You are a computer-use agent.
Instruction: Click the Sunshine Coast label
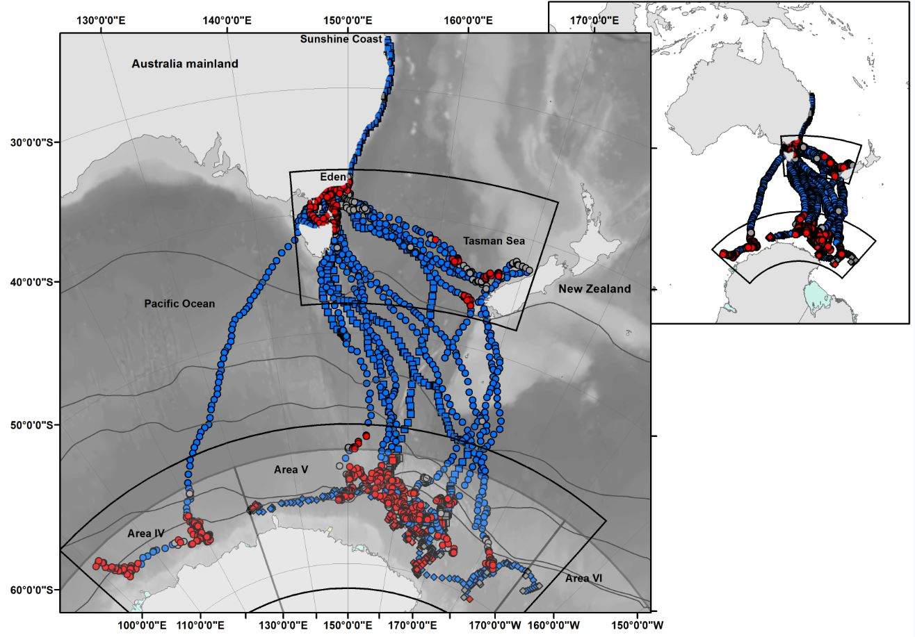[341, 40]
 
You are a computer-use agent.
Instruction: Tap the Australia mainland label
[185, 64]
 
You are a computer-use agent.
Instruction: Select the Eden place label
[332, 178]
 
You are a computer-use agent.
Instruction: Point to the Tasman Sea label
[494, 241]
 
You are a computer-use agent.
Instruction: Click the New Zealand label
[594, 289]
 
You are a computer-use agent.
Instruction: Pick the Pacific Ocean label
[179, 304]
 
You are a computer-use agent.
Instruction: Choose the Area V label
[291, 470]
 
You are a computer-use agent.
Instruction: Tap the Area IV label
[146, 534]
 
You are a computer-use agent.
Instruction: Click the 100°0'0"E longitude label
[143, 625]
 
